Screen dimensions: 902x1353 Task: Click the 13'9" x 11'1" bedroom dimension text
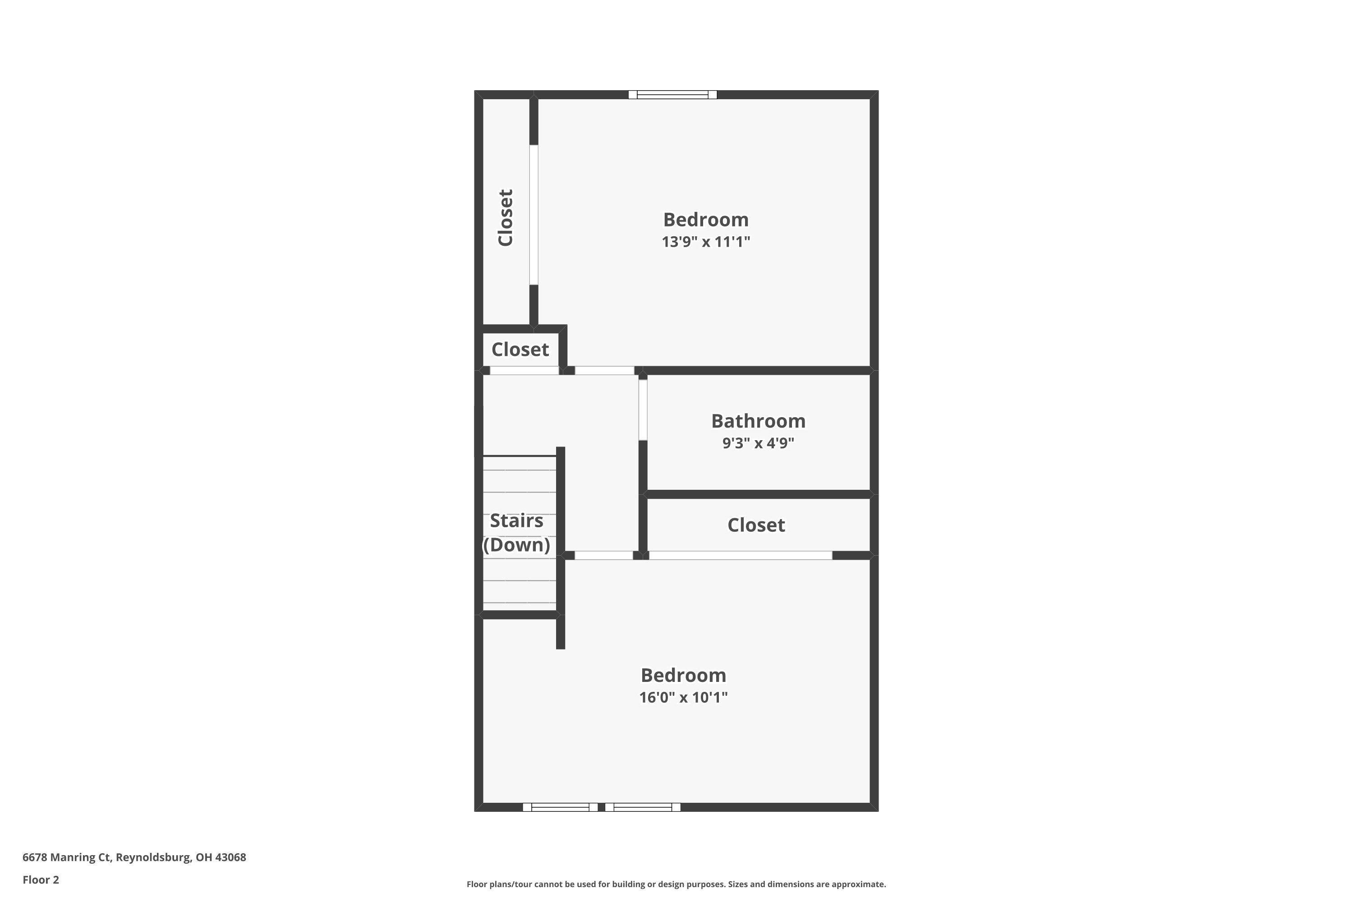click(x=706, y=242)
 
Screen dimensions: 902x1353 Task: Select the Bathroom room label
click(x=758, y=421)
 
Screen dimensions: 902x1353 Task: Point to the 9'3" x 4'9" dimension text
click(x=758, y=443)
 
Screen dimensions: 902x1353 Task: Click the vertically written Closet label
click(x=506, y=217)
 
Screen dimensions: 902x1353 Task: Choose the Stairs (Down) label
click(x=516, y=533)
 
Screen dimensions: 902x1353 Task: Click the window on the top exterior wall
click(x=672, y=95)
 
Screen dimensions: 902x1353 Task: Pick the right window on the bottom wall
click(x=643, y=807)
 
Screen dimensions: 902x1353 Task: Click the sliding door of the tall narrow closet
click(x=534, y=215)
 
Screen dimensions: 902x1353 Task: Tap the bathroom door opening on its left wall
click(x=643, y=410)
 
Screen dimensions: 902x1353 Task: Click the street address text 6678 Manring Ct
click(x=134, y=857)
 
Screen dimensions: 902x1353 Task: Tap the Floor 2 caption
click(x=41, y=879)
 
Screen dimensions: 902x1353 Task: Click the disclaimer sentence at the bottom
click(x=676, y=884)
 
